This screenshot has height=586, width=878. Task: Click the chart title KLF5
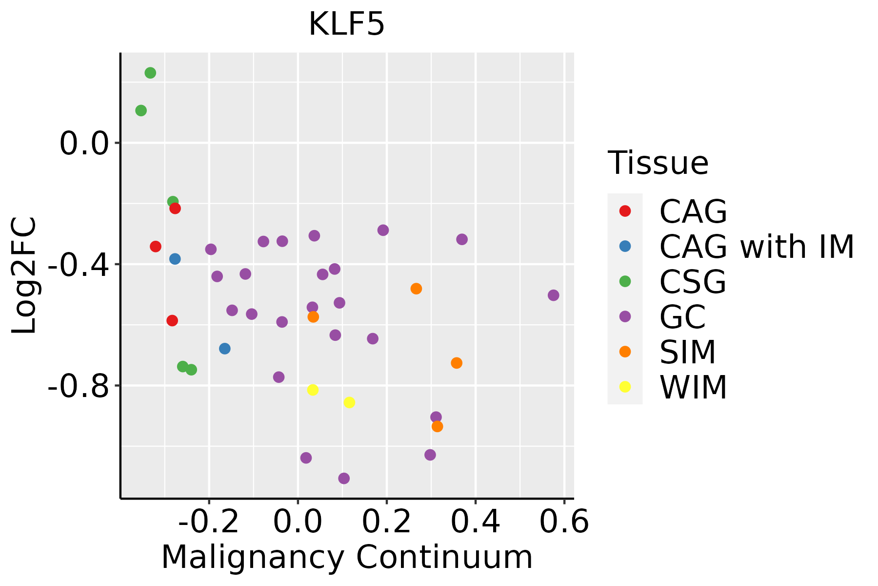coord(347,24)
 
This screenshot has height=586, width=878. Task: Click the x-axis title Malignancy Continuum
coord(347,557)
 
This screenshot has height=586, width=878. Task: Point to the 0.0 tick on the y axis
coord(83,144)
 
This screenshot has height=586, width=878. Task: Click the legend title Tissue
coord(658,163)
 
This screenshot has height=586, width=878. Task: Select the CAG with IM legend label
coord(757,247)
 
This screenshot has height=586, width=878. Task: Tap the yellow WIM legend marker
coord(625,387)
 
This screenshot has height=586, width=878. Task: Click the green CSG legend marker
coord(625,281)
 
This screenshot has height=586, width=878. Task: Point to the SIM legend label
coord(687,352)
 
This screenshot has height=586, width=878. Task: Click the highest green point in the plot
coord(150,73)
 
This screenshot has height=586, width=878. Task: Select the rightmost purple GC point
coord(553,295)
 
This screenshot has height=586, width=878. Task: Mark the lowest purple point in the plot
coord(344,479)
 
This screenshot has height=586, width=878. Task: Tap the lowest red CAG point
coord(172,321)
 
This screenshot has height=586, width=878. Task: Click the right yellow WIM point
coord(349,402)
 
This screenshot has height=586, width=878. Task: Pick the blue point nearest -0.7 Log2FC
coord(225,349)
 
